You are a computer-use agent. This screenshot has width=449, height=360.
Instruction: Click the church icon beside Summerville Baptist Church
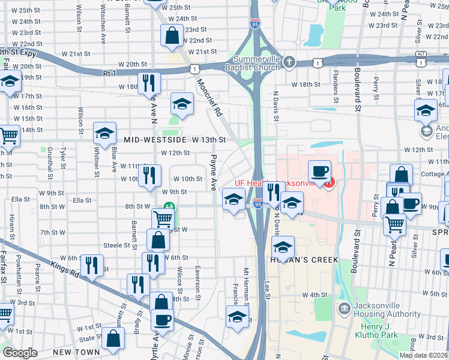(289, 62)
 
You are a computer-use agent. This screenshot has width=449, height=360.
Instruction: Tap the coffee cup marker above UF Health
(319, 171)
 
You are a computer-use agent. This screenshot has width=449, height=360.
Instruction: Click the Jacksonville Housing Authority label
(387, 310)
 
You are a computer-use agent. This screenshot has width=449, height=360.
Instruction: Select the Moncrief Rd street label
(209, 99)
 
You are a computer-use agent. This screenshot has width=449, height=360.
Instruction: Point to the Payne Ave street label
(212, 173)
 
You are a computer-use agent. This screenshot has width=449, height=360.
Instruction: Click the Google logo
(20, 353)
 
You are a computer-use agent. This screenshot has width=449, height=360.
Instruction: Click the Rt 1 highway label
(109, 73)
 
